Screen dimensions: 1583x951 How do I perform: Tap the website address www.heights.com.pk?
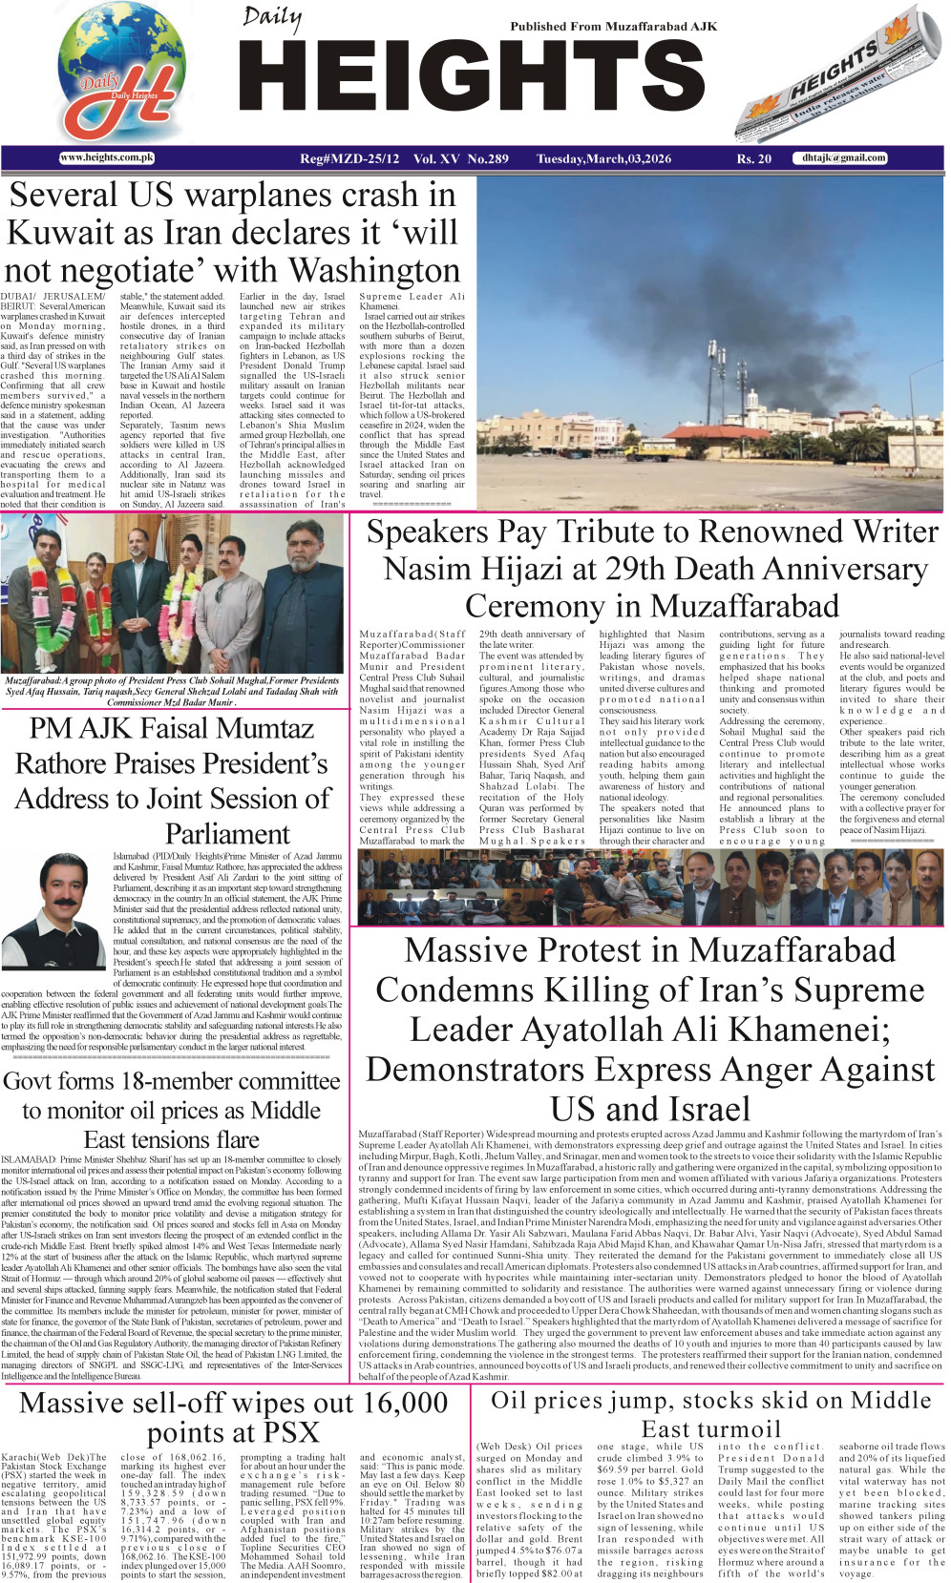107,157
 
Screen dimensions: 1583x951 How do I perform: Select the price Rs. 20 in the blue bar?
753,158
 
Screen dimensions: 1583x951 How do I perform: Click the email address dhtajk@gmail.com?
843,157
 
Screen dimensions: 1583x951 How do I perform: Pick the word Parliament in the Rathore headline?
227,834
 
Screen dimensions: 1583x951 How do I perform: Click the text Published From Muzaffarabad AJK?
613,27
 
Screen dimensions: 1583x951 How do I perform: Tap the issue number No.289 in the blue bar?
488,158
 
